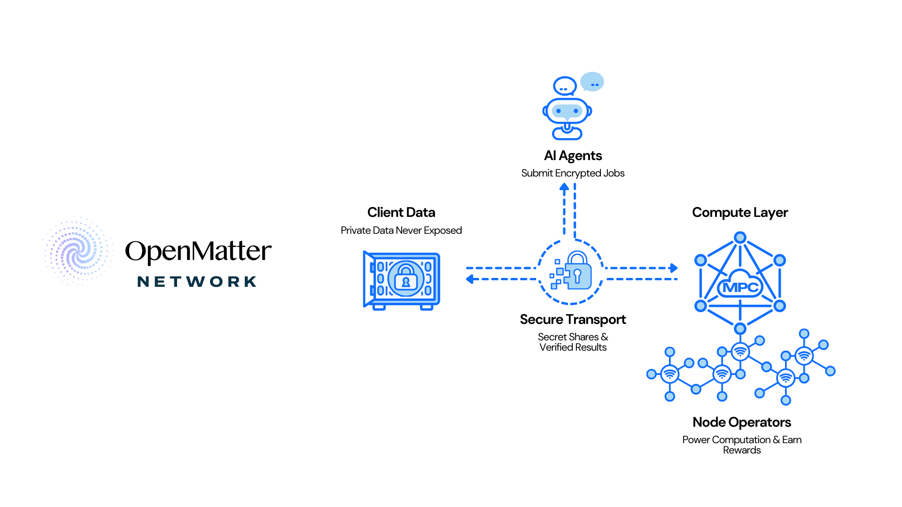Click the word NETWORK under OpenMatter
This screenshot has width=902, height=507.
[197, 282]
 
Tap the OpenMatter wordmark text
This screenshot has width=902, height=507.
[198, 251]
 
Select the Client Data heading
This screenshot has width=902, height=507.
[401, 212]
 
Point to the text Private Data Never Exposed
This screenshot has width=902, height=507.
[401, 230]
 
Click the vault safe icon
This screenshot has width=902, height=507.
[402, 280]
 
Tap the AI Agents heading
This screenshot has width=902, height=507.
[573, 155]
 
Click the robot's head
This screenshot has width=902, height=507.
[567, 111]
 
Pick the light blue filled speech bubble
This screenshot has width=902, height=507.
[592, 82]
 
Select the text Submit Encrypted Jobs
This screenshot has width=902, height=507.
[573, 173]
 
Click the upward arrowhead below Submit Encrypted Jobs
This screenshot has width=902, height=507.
[564, 187]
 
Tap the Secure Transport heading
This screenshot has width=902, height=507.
[573, 320]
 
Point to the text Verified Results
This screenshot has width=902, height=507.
[573, 347]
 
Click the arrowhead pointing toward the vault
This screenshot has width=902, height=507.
[469, 279]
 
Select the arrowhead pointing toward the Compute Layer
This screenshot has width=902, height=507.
[674, 268]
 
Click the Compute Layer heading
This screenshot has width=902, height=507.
[740, 213]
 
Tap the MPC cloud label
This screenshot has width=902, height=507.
[740, 286]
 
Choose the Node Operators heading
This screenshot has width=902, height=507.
[742, 422]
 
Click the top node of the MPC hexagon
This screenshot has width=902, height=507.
[740, 238]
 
